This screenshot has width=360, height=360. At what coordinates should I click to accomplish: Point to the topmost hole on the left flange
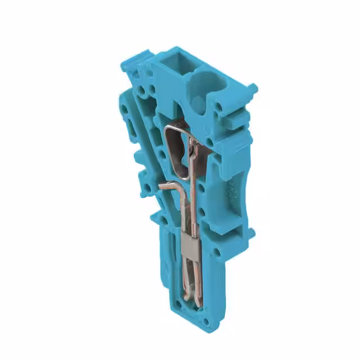[x=123, y=106]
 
